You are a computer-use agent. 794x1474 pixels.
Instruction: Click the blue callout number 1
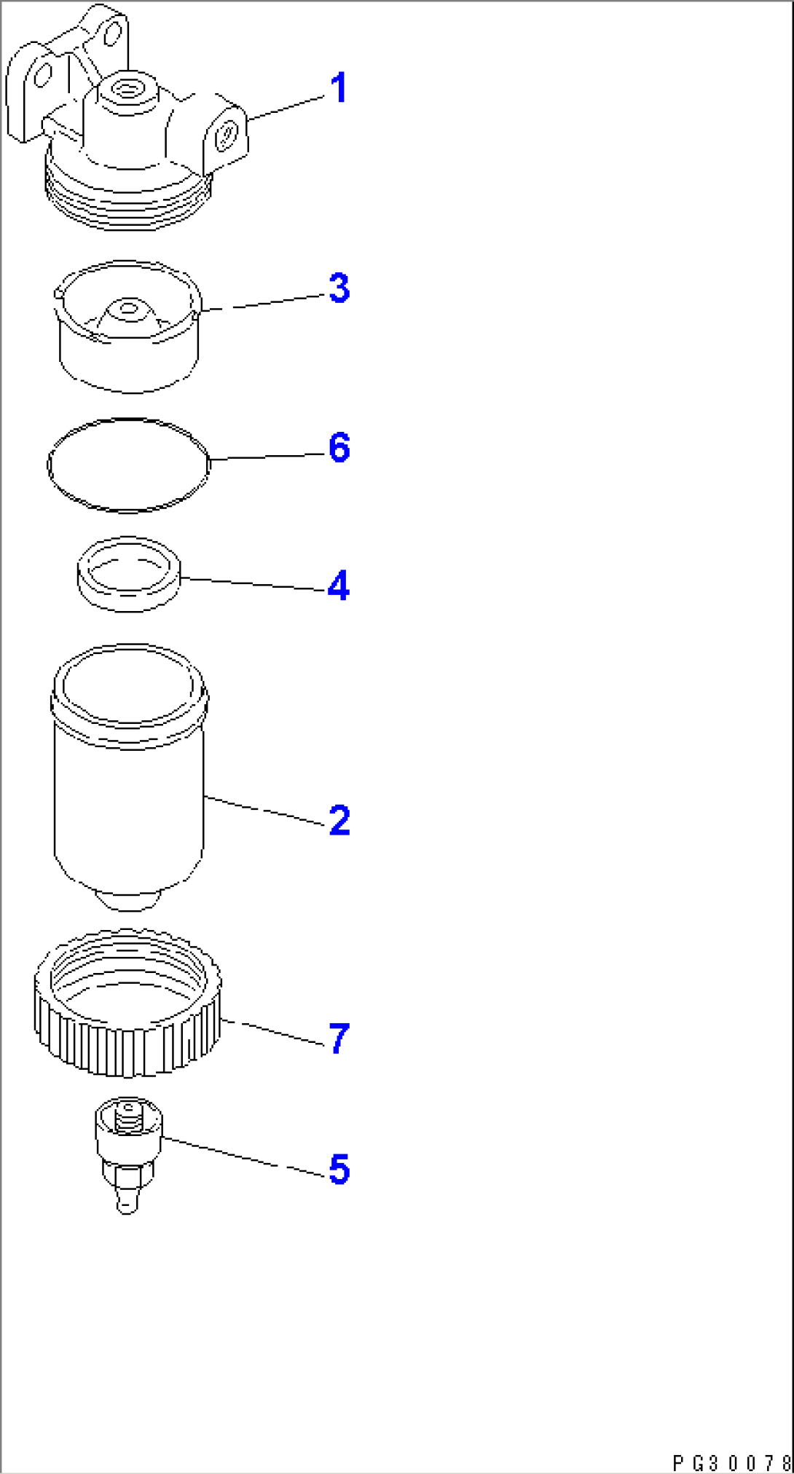pos(338,88)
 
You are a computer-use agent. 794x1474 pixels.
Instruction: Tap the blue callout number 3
pos(339,288)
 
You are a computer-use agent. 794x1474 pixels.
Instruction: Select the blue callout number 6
pos(339,447)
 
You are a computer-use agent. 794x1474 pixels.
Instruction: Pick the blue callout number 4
pos(338,586)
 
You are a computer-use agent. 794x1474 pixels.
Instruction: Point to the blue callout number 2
pos(339,820)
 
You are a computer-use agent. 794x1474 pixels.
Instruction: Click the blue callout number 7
pos(339,1038)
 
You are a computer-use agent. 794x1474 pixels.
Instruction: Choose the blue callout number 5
pos(339,1169)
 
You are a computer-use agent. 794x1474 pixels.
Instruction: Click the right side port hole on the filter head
pos(227,135)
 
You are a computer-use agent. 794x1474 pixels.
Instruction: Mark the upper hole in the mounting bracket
pos(111,34)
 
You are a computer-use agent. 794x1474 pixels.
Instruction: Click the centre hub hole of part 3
pos(129,309)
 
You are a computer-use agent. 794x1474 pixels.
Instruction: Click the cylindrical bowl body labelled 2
pos(129,801)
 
